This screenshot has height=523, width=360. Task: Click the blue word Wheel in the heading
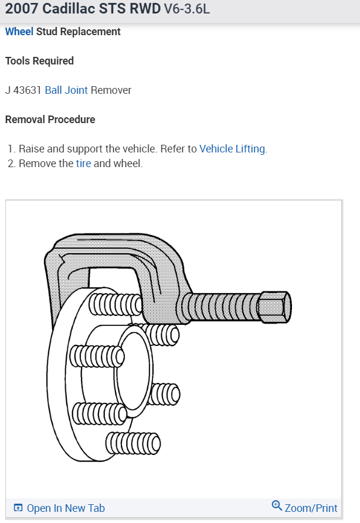(19, 32)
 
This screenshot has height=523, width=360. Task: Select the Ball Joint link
(66, 90)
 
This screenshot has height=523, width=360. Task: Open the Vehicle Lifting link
(232, 149)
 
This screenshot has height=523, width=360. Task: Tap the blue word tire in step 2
(83, 164)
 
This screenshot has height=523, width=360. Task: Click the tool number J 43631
(23, 90)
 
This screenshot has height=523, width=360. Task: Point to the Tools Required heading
(39, 61)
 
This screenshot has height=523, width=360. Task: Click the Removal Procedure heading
(50, 120)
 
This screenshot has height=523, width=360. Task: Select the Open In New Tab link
(66, 508)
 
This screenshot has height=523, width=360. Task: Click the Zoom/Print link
(311, 508)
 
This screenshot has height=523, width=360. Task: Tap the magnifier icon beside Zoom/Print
(277, 505)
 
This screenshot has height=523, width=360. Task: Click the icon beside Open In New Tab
(18, 508)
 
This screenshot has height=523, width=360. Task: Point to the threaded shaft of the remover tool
(220, 306)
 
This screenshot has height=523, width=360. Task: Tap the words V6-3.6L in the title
(186, 10)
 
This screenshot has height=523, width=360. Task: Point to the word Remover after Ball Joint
(111, 90)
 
